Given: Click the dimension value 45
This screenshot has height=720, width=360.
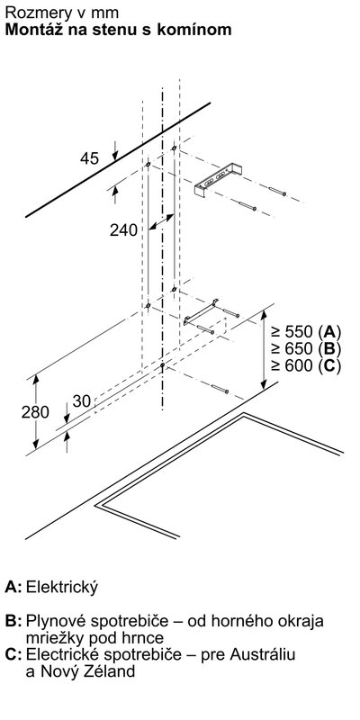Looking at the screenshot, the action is pyautogui.click(x=89, y=158).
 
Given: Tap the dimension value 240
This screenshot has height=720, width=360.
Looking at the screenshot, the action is pyautogui.click(x=123, y=230).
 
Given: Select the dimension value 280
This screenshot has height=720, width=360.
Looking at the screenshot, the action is pyautogui.click(x=35, y=412).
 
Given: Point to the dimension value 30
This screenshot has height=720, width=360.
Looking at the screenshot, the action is pyautogui.click(x=82, y=401).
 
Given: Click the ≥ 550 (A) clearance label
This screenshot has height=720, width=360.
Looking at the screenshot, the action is pyautogui.click(x=306, y=331).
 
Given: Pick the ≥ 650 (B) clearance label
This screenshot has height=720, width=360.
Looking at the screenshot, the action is pyautogui.click(x=306, y=349).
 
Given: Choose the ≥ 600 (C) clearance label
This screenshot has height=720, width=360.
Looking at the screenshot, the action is pyautogui.click(x=306, y=366).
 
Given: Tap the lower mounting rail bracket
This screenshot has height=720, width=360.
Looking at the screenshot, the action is pyautogui.click(x=201, y=311).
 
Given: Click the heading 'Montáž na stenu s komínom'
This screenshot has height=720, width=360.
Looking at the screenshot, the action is pyautogui.click(x=118, y=30).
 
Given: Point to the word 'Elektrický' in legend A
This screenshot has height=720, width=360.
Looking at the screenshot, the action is pyautogui.click(x=62, y=588).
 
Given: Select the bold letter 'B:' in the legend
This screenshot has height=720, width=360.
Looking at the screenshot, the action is pyautogui.click(x=13, y=622).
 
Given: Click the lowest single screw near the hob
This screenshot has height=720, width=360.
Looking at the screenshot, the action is pyautogui.click(x=220, y=390).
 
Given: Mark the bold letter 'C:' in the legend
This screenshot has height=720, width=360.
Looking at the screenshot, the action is pyautogui.click(x=13, y=655).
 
